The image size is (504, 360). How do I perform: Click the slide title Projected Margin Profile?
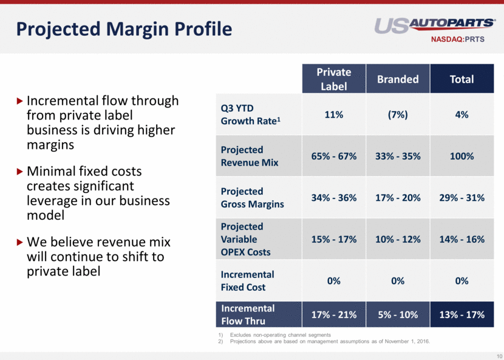point(124,29)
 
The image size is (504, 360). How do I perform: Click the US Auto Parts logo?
point(434,25)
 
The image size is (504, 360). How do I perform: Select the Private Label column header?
point(333,79)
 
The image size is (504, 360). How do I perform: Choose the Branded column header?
point(398,79)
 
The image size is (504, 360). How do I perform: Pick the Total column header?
point(461,79)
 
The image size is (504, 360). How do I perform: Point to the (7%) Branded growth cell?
point(398,114)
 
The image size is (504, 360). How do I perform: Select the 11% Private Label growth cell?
point(333,114)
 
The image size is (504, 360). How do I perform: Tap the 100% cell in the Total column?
point(461,156)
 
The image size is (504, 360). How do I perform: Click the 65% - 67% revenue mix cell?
point(333,156)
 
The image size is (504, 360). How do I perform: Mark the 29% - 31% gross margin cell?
point(461,198)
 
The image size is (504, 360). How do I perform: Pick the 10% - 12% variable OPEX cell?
point(398,239)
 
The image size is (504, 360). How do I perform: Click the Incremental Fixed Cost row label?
point(247,280)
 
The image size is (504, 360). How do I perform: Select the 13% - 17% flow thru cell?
point(461,314)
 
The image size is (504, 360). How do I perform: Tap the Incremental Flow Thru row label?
point(248,314)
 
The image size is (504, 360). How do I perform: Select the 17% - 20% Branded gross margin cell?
point(398,198)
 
